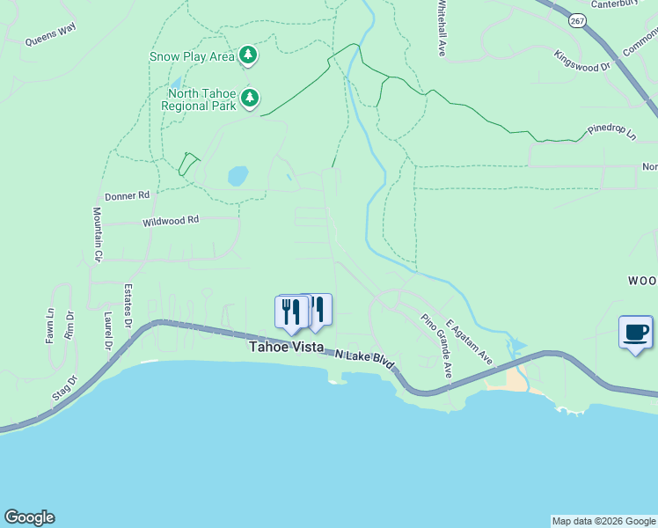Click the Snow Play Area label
tap(191, 56)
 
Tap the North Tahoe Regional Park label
tap(199, 99)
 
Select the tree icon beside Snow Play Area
tap(249, 55)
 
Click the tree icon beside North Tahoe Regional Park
tap(251, 98)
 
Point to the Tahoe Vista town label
tap(285, 348)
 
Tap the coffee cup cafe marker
tap(636, 333)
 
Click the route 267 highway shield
tap(576, 21)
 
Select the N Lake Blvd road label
tap(365, 359)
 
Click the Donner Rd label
tap(128, 195)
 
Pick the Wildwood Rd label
tap(171, 221)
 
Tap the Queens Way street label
tap(50, 40)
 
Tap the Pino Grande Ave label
tap(436, 346)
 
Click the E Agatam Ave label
tap(469, 341)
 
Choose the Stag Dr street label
tap(65, 388)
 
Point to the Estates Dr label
tap(128, 297)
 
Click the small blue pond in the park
tap(238, 176)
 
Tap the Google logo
tap(29, 517)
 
